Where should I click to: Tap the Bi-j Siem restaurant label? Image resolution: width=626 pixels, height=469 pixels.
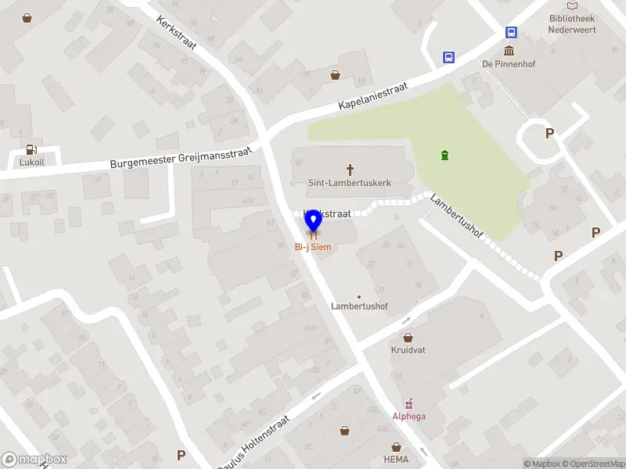click(x=312, y=247)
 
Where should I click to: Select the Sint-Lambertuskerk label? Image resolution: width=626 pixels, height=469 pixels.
click(x=349, y=183)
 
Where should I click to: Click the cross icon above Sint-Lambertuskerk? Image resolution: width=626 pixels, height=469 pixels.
click(x=350, y=168)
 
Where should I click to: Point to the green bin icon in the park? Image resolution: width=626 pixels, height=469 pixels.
click(x=445, y=155)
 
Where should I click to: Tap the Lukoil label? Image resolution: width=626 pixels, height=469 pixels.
click(x=31, y=163)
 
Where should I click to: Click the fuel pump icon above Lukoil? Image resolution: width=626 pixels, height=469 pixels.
click(x=31, y=149)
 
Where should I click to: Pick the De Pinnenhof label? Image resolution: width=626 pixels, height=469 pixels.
click(x=507, y=64)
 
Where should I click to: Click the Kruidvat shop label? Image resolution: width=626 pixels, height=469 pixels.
click(x=408, y=350)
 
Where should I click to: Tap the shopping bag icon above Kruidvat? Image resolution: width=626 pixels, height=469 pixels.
click(x=408, y=338)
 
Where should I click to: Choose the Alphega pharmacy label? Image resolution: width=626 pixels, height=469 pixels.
click(x=409, y=416)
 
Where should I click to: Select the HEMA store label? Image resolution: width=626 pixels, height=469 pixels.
click(x=396, y=460)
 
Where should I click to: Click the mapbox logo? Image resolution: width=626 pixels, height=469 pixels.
click(x=34, y=460)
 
